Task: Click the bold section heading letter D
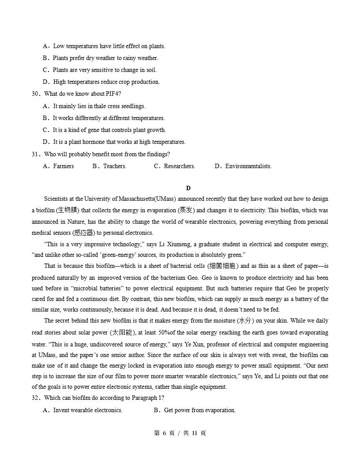pos(188,188)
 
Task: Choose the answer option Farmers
pos(63,166)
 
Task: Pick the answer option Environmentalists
pos(248,166)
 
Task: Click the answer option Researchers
pos(179,166)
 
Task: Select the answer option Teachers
pos(114,166)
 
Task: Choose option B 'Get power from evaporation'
pos(199,410)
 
